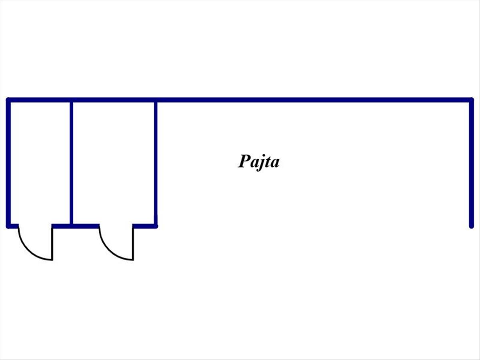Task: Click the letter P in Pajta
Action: pos(245,161)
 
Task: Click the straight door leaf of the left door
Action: pos(52,244)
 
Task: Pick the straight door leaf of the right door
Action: pos(133,244)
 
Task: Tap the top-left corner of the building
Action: pos(8,100)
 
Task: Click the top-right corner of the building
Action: pos(471,100)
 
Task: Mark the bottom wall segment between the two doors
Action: pos(76,226)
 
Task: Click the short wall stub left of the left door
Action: pos(13,226)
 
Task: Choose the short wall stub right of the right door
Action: pos(144,226)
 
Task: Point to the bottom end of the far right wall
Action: pos(471,226)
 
